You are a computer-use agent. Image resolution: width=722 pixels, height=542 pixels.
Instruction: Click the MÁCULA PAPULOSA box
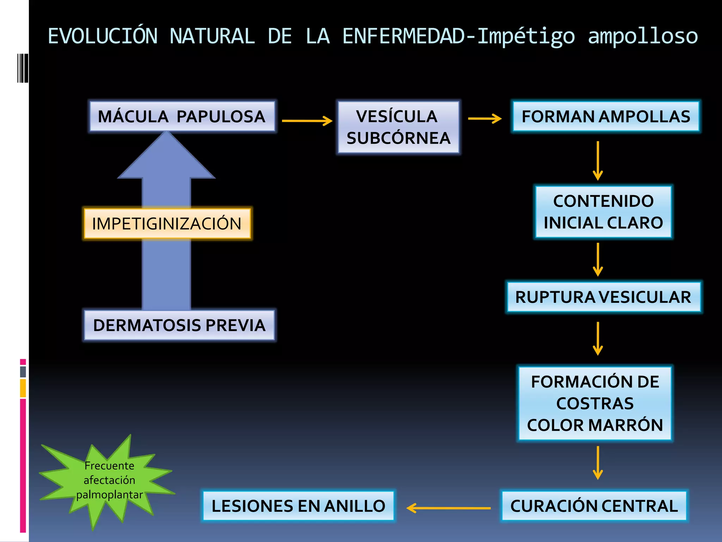pos(182,116)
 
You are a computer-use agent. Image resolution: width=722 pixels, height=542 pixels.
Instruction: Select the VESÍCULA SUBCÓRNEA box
pos(398,127)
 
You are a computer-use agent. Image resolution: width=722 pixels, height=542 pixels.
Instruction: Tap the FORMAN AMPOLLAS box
pos(606,116)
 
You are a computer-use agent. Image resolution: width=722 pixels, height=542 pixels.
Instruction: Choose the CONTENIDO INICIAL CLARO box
pos(603,212)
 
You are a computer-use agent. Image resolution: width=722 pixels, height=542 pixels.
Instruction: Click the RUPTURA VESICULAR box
pos(603,297)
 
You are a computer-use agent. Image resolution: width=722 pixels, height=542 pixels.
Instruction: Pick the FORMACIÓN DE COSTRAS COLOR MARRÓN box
pos(595,403)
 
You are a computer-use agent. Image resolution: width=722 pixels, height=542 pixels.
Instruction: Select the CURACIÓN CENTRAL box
pos(594,506)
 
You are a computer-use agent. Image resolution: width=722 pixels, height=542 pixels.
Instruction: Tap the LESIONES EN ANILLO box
pos(298,506)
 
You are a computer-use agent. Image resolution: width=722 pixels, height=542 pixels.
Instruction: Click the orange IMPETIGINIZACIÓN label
pos(167,223)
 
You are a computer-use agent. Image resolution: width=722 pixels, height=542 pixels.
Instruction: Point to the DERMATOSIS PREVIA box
pos(179,325)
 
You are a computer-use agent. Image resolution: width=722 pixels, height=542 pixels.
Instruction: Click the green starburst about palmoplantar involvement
pos(109,480)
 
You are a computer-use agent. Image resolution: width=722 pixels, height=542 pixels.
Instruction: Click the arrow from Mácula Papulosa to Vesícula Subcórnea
pos(307,121)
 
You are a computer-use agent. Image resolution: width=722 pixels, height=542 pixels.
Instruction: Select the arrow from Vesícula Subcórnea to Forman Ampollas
pos(484,119)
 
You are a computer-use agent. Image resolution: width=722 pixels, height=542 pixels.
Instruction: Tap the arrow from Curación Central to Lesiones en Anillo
pos(448,508)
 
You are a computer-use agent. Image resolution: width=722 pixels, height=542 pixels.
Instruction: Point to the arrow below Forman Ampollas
pos(598,161)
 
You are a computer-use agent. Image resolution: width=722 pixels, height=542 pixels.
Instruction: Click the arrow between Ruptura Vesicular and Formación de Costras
pos(598,338)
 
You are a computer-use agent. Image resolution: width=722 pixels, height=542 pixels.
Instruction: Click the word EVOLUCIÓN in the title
pos(103,36)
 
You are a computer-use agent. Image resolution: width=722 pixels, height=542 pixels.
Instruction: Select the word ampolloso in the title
pos(643,37)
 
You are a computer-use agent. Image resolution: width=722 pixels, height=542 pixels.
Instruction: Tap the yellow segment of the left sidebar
pos(23,388)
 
